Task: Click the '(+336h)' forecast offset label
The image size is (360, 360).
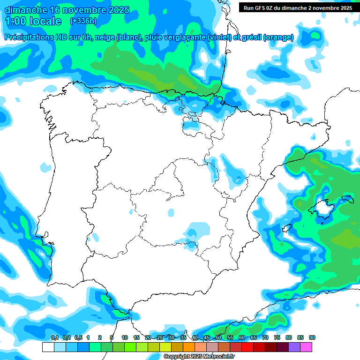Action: (x=83, y=21)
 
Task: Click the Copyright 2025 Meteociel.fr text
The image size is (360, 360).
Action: (x=199, y=357)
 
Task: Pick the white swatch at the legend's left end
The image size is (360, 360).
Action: (x=48, y=347)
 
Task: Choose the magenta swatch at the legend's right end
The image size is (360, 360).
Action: (x=306, y=347)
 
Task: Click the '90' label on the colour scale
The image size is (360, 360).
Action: (x=312, y=337)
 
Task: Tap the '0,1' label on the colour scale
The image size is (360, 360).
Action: (x=55, y=337)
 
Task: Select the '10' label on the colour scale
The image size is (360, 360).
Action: (x=125, y=337)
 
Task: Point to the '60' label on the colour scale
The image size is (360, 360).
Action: (x=242, y=337)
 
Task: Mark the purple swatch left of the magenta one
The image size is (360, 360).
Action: (x=294, y=347)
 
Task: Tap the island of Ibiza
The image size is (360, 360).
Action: (x=286, y=228)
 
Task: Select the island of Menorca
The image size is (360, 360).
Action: (x=347, y=198)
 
